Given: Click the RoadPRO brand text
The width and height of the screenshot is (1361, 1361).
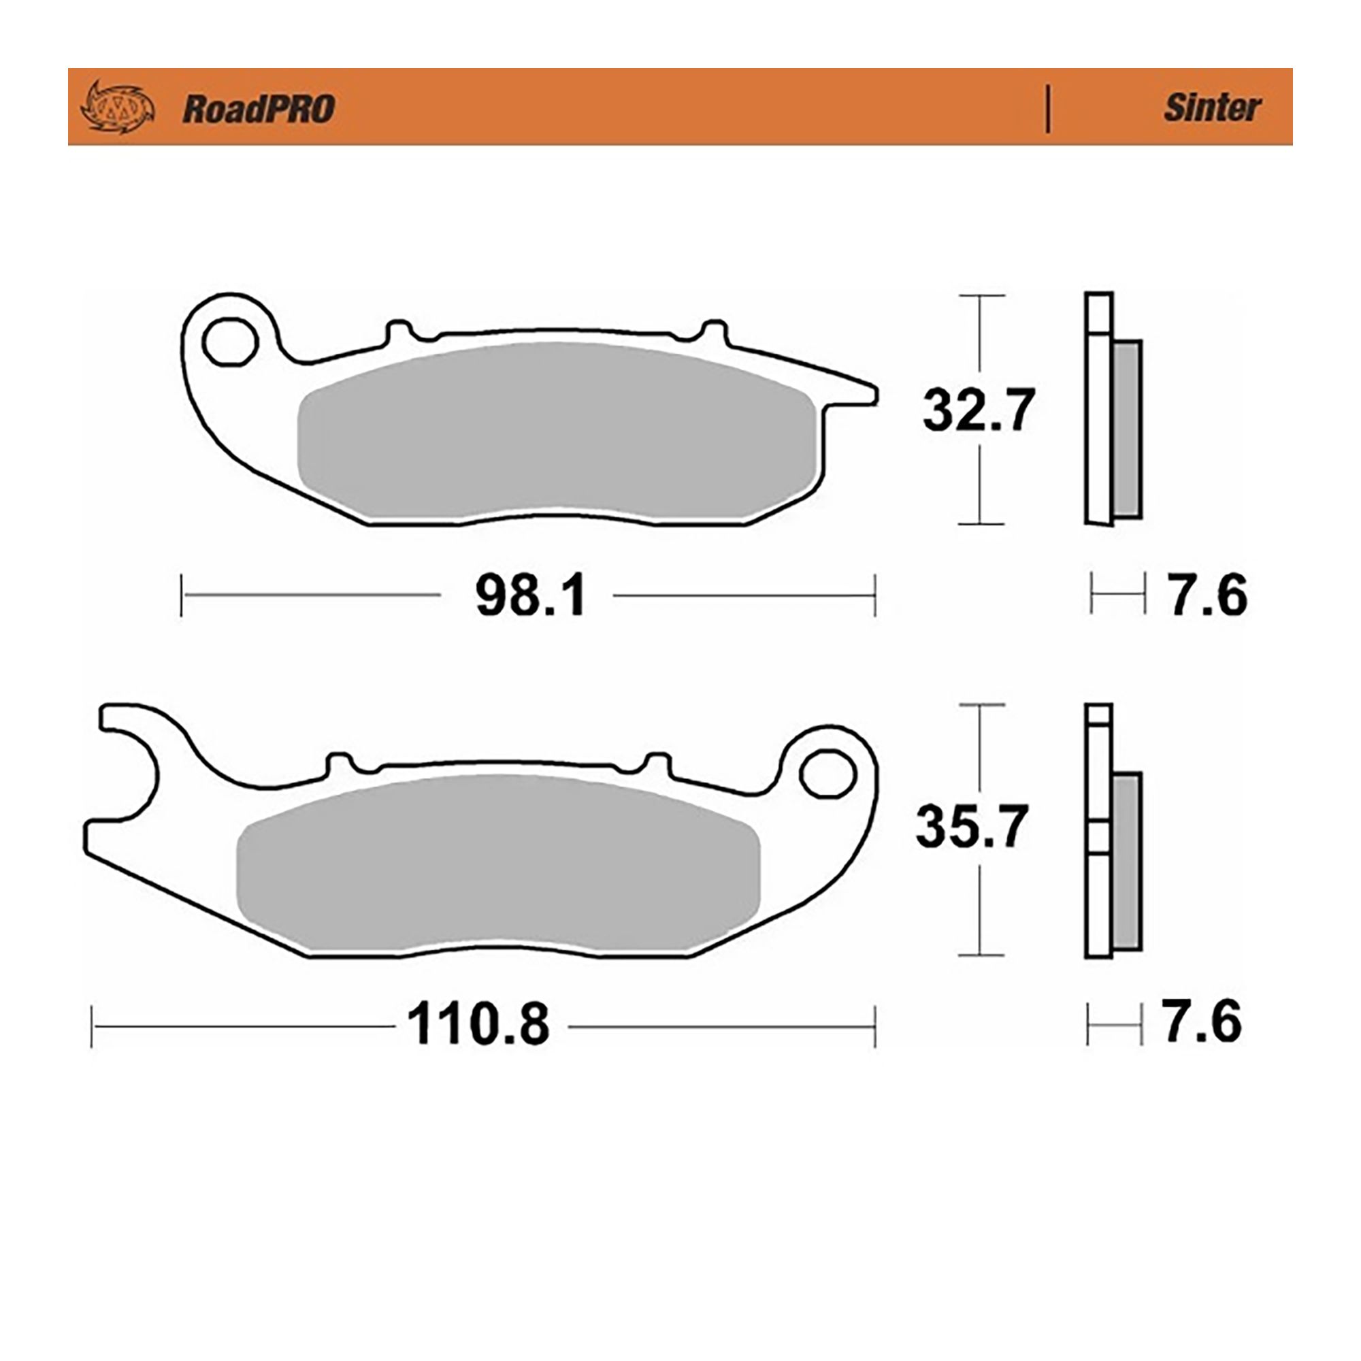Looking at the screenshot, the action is point(259,109).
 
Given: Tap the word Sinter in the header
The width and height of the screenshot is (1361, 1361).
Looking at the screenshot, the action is point(1212,108).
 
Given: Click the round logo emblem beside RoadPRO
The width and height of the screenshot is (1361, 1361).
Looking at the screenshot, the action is point(118,108).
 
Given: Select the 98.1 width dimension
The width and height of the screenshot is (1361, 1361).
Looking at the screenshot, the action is point(529,596).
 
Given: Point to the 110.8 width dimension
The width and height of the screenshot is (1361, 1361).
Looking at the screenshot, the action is point(478,1024).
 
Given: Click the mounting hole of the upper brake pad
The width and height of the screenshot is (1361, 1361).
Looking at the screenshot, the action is point(229,342).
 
